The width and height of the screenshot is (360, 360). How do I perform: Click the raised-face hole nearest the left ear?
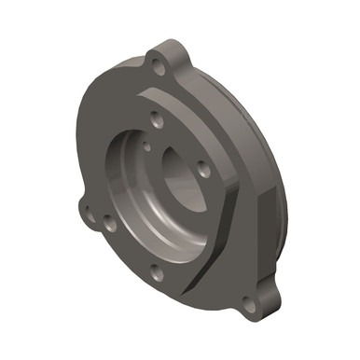click(110, 224)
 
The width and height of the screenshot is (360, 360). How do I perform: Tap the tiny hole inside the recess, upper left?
click(147, 145)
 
